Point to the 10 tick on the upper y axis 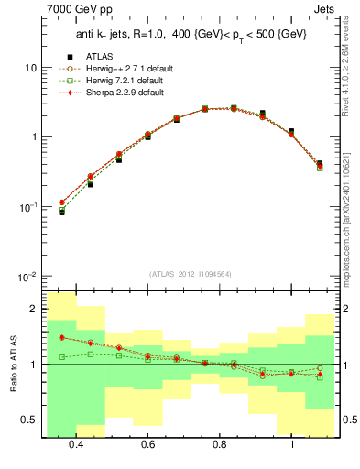tap(31, 68)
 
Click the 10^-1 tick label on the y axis tap(27, 207)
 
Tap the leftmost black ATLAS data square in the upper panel tap(61, 212)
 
